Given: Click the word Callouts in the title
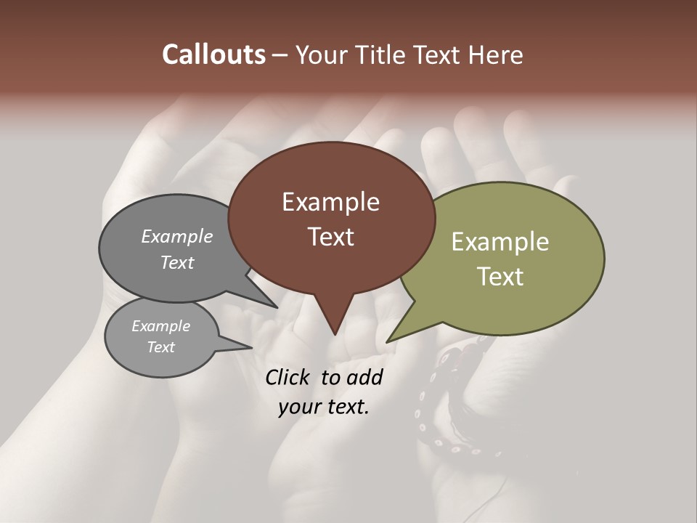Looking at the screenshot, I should click(x=213, y=54).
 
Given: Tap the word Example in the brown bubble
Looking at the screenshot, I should click(x=330, y=202).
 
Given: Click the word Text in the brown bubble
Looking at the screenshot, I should click(x=330, y=237).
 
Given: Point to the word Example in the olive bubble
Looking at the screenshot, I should click(x=500, y=242).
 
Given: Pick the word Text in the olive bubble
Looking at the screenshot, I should click(x=500, y=277).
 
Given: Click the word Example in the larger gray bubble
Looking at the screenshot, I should click(x=176, y=236).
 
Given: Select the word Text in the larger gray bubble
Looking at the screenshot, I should click(x=176, y=262).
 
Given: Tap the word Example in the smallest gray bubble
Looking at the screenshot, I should click(x=160, y=326).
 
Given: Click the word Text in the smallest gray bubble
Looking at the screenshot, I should click(x=160, y=347).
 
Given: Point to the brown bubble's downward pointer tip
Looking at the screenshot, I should click(x=335, y=334).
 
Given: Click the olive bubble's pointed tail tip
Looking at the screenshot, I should click(x=387, y=341).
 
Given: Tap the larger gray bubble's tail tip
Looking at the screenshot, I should click(x=277, y=307).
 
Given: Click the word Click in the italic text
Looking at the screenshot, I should click(x=289, y=377).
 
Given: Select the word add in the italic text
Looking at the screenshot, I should click(x=364, y=377).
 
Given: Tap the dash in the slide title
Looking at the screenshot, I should click(x=281, y=55).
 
